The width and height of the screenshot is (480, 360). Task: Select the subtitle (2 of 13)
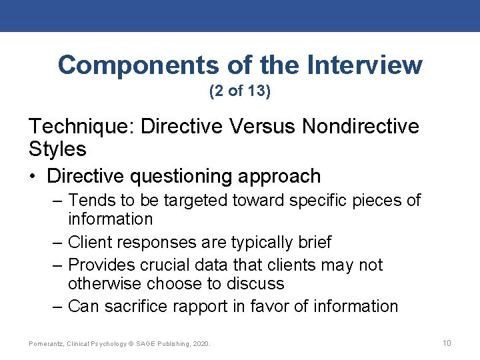tap(240, 91)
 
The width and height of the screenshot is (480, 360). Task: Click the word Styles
tap(57, 149)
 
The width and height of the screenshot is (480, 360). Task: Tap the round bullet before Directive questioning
tap(34, 177)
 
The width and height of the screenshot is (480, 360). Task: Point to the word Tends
tap(91, 200)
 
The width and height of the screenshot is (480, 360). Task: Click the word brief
tap(312, 242)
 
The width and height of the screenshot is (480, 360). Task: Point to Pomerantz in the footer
tap(47, 344)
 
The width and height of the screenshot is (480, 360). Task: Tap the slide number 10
tap(447, 343)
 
